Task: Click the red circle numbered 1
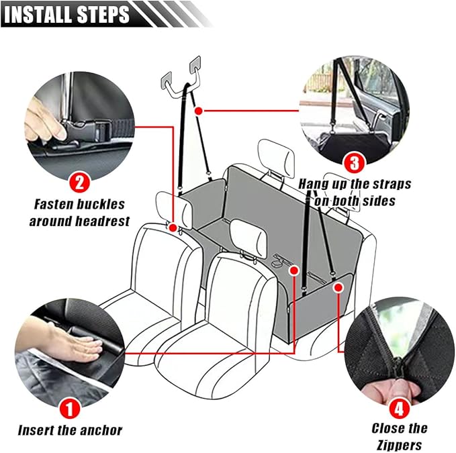tap(70, 407)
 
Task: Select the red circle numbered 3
tap(354, 163)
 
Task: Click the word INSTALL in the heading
tap(44, 14)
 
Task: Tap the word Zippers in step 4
tap(400, 444)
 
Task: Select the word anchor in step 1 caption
tap(98, 430)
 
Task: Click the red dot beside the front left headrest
tap(174, 228)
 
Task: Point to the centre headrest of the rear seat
tap(276, 156)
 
